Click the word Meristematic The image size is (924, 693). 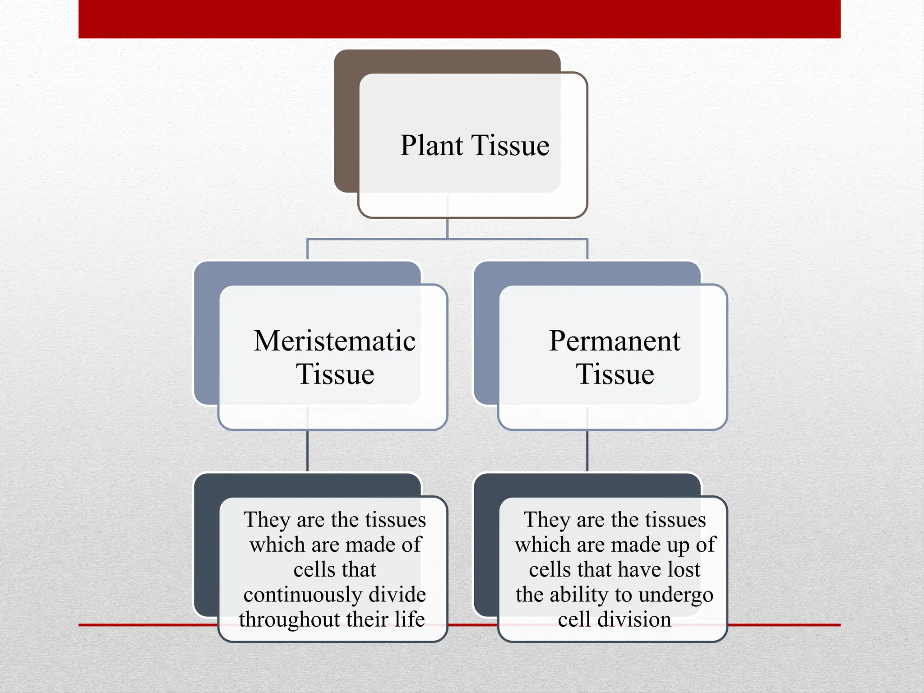[334, 341]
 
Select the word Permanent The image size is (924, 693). [614, 341]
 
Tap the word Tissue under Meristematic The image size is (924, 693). [335, 374]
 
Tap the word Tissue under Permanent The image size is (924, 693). [614, 374]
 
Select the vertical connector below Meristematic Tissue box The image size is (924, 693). [307, 451]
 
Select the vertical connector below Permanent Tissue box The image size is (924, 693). [587, 451]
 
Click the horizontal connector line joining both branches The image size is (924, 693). [383, 239]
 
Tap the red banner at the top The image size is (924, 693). [459, 19]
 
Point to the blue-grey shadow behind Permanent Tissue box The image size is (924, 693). [486, 338]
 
